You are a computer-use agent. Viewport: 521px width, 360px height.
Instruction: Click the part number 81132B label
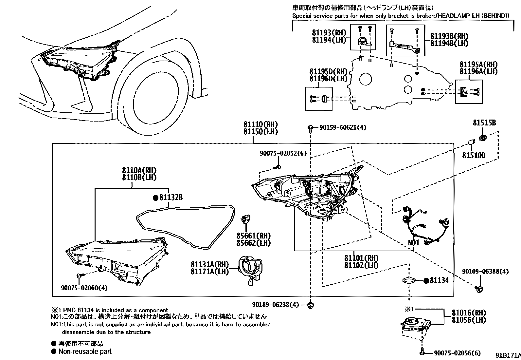[x=171, y=198]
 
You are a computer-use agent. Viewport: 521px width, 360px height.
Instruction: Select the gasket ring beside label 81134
[x=409, y=281]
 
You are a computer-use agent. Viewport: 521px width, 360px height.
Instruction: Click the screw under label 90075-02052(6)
[x=278, y=167]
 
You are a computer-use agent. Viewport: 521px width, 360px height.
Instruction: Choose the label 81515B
[x=484, y=123]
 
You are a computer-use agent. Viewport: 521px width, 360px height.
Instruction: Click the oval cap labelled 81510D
[x=471, y=142]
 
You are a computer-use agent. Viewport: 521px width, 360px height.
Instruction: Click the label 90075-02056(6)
[x=457, y=353]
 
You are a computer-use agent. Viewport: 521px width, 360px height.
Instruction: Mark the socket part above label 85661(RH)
[x=246, y=219]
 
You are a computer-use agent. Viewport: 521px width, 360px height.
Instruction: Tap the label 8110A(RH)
[x=139, y=170]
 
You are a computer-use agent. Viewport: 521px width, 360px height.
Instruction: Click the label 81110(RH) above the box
[x=260, y=124]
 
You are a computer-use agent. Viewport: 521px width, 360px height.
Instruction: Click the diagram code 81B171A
[x=508, y=355]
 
